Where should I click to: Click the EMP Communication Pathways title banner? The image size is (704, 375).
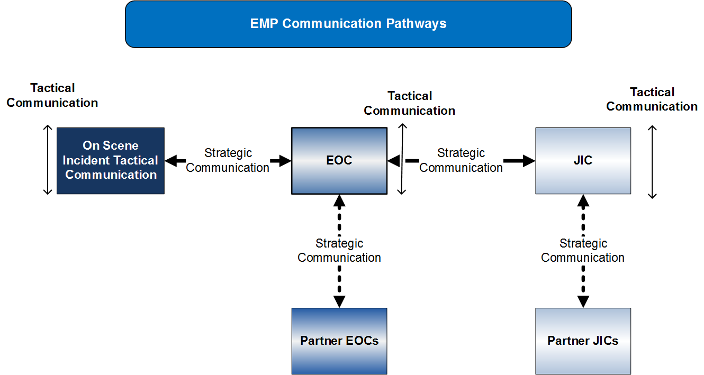348,24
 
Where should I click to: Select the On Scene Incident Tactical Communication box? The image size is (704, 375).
111,160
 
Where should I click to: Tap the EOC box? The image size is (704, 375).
339,160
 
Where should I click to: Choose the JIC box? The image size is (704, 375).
583,160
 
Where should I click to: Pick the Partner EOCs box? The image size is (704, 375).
339,341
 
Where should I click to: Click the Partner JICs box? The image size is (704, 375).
583,341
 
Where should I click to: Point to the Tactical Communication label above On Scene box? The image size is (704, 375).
52,95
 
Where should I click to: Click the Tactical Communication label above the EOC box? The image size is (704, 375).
410,103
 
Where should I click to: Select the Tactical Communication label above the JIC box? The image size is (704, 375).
652,99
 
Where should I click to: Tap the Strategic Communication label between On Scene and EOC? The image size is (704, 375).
228,160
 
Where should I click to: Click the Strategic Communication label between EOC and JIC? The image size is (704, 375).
461,160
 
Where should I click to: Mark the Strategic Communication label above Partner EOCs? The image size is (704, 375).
339,250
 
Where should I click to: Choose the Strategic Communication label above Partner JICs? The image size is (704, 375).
583,250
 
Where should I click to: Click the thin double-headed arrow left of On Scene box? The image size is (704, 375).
48,160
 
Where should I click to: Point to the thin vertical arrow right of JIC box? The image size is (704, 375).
653,162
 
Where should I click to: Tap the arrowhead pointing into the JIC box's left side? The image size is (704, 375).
528,161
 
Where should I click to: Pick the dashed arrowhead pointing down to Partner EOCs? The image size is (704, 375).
339,301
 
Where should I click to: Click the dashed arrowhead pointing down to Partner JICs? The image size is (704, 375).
583,301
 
